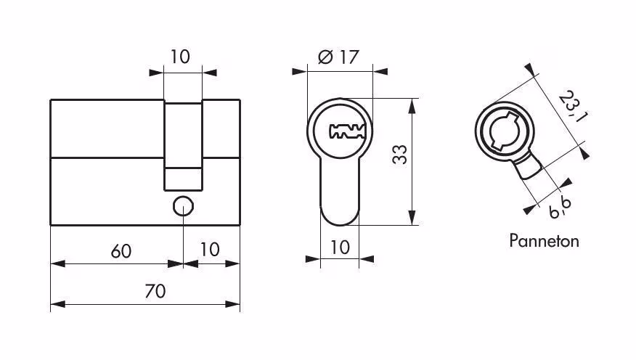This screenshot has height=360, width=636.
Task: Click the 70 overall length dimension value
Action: click(x=155, y=291)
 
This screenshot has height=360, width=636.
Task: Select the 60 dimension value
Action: click(x=121, y=251)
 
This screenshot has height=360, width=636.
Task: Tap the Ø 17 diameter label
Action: click(x=338, y=57)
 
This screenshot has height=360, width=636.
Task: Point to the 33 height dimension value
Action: click(x=400, y=154)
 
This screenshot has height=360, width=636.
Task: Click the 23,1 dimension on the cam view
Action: click(x=573, y=107)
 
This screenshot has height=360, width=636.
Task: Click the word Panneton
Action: click(x=544, y=241)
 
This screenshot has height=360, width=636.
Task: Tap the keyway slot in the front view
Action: click(x=347, y=131)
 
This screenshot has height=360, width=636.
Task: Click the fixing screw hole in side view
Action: click(x=184, y=206)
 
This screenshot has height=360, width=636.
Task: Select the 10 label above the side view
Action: click(x=179, y=57)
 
